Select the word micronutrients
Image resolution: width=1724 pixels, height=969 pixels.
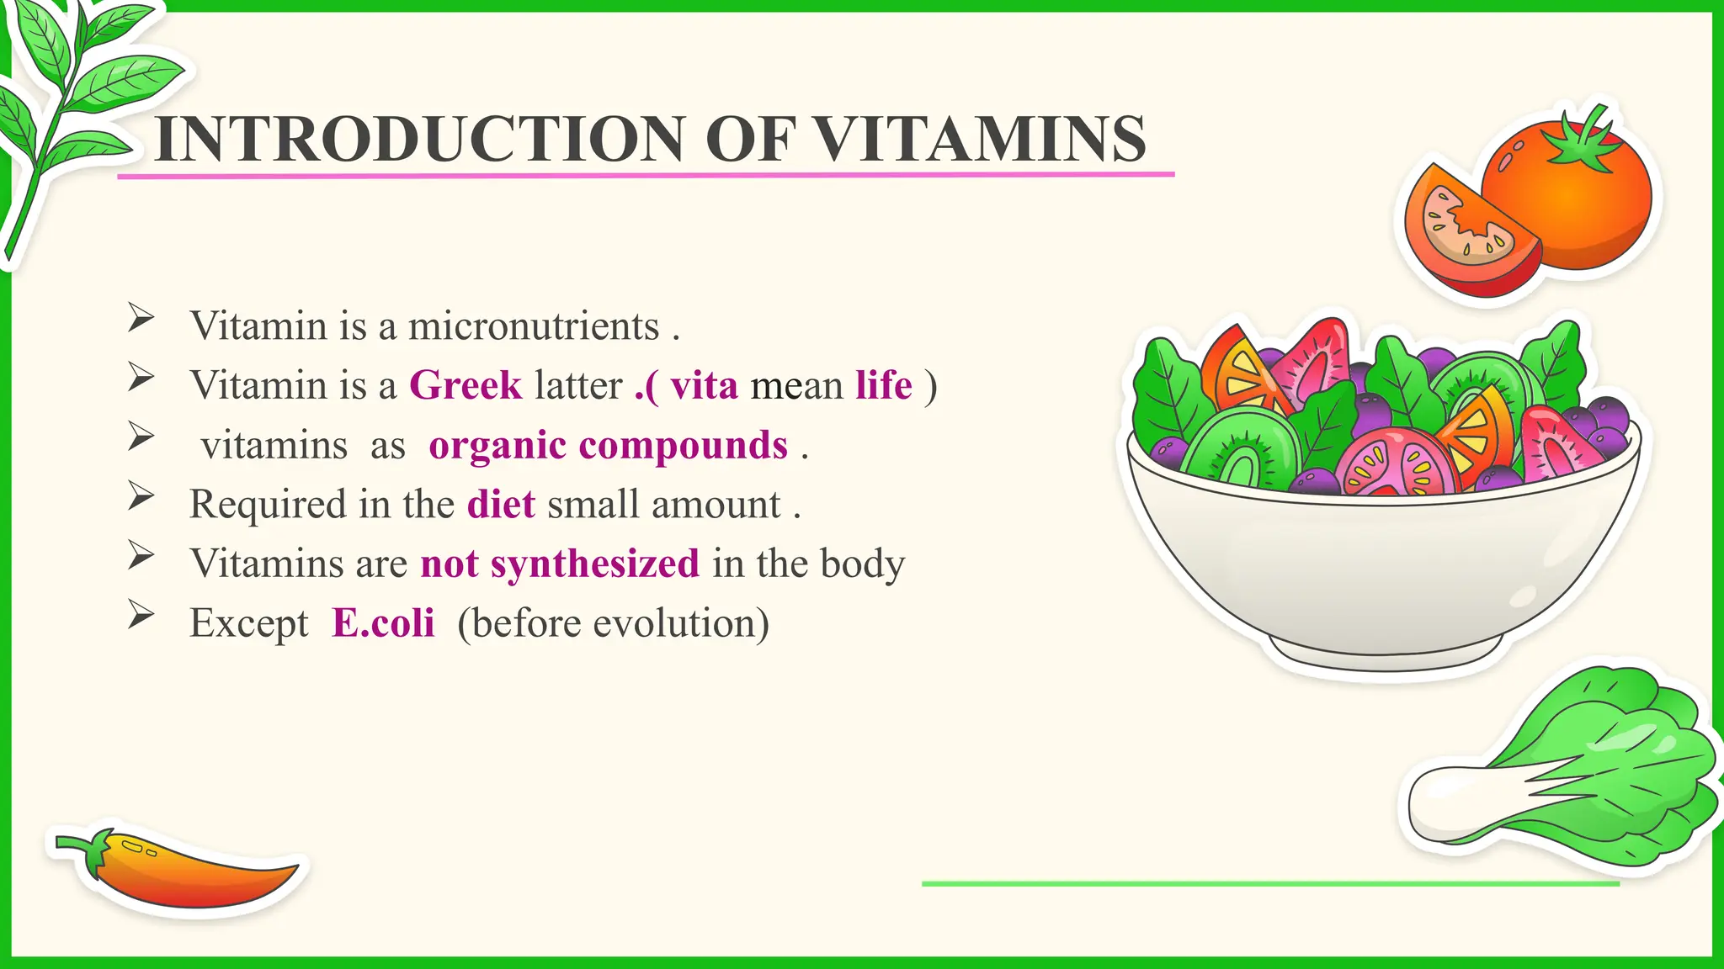point(534,326)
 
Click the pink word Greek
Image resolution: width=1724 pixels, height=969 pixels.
point(466,385)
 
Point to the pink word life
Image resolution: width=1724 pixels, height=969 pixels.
point(884,385)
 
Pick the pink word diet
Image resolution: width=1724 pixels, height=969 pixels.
point(501,505)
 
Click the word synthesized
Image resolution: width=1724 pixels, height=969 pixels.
point(595,564)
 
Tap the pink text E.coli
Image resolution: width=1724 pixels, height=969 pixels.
point(383,623)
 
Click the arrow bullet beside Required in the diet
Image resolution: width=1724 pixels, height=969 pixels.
point(141,497)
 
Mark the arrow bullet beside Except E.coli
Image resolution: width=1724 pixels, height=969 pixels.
point(141,616)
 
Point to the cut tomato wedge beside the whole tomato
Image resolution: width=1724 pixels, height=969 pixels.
point(1465,236)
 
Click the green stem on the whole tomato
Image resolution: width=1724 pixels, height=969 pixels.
point(1587,143)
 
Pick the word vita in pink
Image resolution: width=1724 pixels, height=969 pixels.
point(704,385)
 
